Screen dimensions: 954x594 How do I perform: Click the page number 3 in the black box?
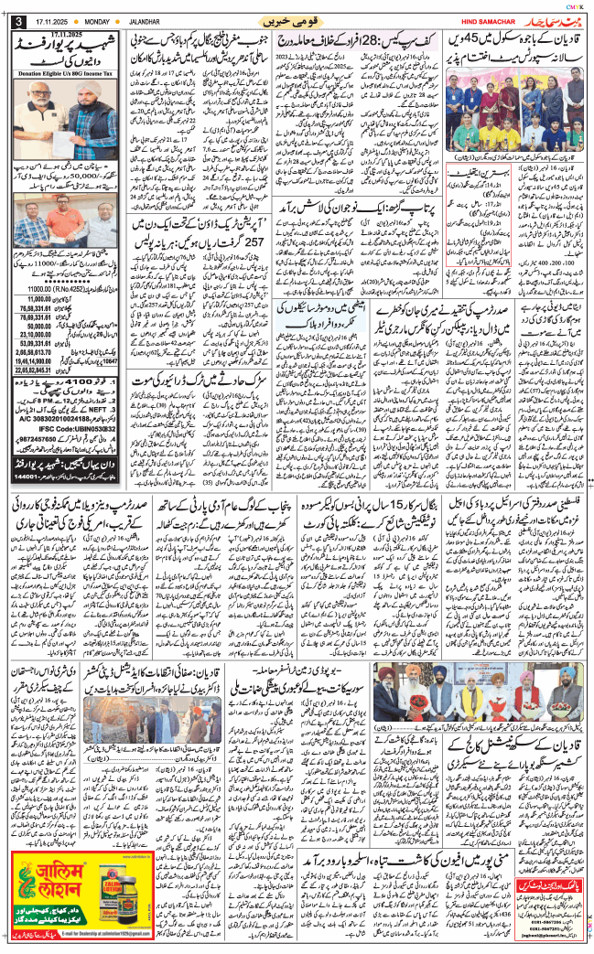[17, 21]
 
